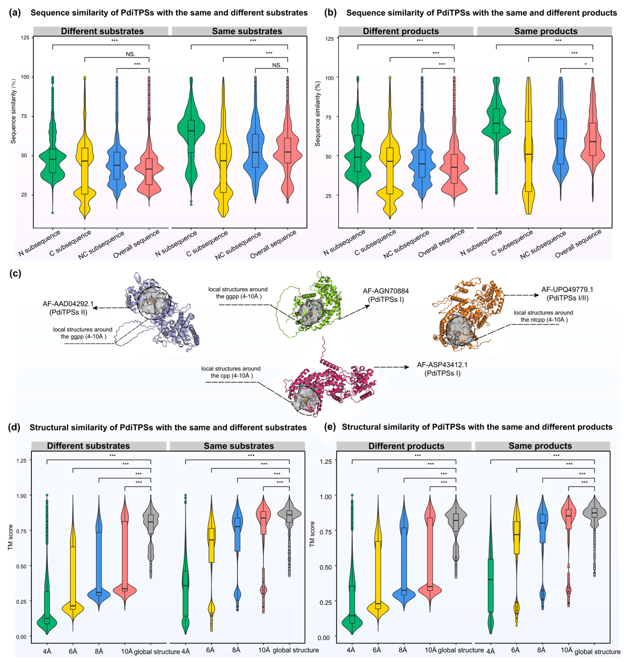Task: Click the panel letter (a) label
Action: tap(15, 13)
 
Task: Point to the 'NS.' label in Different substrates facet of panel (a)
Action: tap(130, 54)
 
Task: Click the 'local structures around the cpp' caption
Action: tap(231, 372)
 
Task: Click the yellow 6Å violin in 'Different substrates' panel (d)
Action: tap(73, 566)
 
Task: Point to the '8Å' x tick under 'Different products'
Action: tap(403, 649)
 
